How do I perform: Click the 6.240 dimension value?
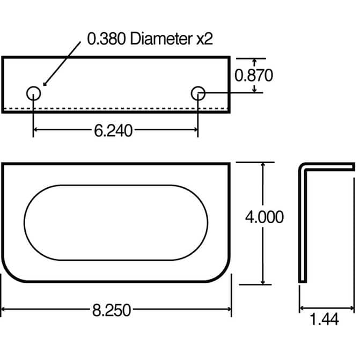113,130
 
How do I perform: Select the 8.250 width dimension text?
112,311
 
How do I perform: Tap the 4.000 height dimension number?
265,217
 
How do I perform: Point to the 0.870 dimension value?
254,75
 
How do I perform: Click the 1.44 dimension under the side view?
324,319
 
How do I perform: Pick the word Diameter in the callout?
161,39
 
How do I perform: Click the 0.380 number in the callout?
106,39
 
